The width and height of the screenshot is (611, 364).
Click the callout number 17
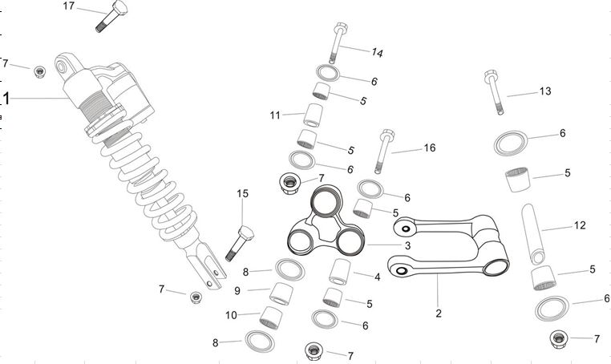click(x=69, y=6)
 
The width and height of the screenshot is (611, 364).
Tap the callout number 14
click(x=378, y=52)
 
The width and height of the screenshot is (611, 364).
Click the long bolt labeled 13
click(x=493, y=91)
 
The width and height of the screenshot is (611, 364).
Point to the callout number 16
click(x=429, y=148)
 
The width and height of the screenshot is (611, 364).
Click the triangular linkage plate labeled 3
click(x=325, y=224)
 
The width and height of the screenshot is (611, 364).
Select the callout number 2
click(x=439, y=313)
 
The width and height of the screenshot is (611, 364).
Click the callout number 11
click(x=275, y=115)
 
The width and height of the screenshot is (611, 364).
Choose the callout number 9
click(x=238, y=290)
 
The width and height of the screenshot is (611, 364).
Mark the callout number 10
click(x=231, y=315)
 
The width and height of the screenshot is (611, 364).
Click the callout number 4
click(x=377, y=276)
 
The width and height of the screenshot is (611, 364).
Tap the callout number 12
click(x=580, y=226)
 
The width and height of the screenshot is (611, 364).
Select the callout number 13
click(x=545, y=91)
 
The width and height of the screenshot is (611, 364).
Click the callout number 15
click(x=243, y=193)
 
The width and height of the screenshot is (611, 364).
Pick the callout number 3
click(x=407, y=245)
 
